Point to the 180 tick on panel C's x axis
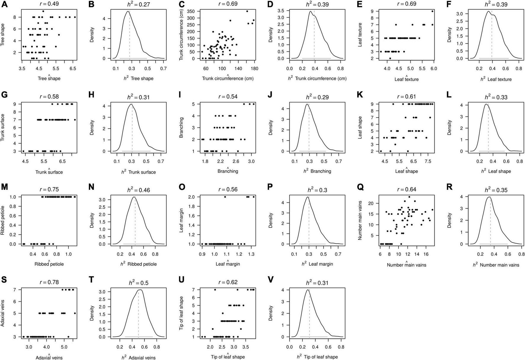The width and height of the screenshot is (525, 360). [x=254, y=68]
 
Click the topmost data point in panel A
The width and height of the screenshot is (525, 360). [x=43, y=11]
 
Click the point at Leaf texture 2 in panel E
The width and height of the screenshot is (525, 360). [x=390, y=58]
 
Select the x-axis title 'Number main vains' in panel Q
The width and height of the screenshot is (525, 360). [x=406, y=265]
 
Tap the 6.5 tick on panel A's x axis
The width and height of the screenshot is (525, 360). [x=73, y=68]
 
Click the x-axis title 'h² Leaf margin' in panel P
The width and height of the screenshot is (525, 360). [x=317, y=264]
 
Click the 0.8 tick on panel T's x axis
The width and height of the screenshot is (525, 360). [x=156, y=347]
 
